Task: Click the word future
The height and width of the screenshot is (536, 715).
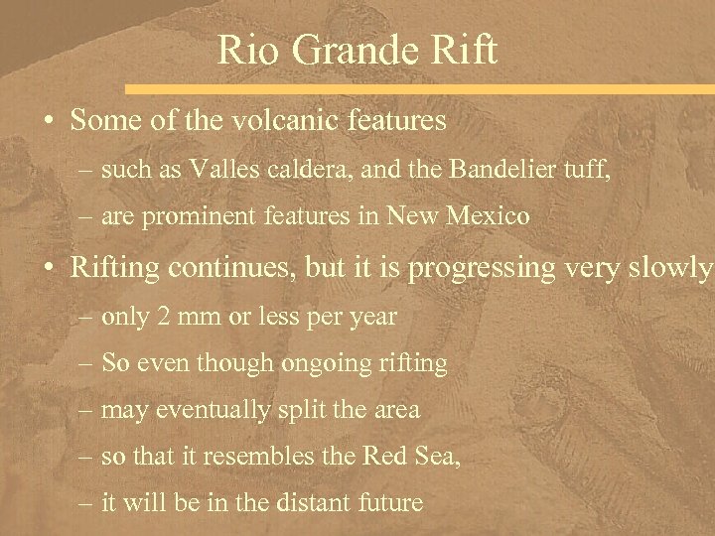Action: click(x=387, y=502)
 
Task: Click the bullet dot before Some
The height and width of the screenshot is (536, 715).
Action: click(x=47, y=123)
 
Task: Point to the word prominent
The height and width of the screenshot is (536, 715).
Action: click(x=200, y=215)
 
